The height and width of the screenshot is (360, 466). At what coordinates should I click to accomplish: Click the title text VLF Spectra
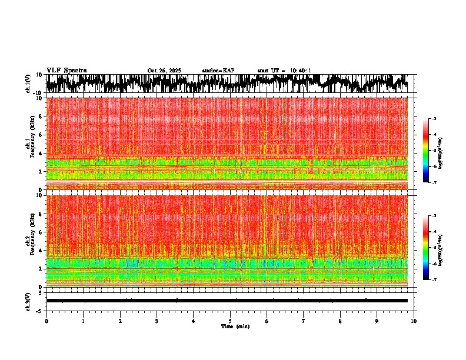66,71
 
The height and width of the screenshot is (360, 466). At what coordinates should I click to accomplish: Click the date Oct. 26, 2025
164,71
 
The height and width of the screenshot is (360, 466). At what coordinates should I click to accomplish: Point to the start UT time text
284,71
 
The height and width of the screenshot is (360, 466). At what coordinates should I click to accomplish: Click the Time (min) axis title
235,326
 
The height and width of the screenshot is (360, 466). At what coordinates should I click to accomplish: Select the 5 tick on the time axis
230,321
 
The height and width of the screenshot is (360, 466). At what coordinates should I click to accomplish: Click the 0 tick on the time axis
46,321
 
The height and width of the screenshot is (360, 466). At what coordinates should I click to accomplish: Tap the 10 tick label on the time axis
414,321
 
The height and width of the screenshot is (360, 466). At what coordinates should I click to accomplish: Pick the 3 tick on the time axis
157,321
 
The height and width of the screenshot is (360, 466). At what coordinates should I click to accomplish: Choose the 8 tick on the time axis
340,321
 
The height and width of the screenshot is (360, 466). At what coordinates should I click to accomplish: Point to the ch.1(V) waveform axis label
28,84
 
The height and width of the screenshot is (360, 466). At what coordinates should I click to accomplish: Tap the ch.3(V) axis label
28,301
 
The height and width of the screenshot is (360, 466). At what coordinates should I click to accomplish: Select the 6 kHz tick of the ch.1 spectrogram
41,135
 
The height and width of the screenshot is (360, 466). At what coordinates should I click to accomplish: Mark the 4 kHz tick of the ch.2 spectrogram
41,251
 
